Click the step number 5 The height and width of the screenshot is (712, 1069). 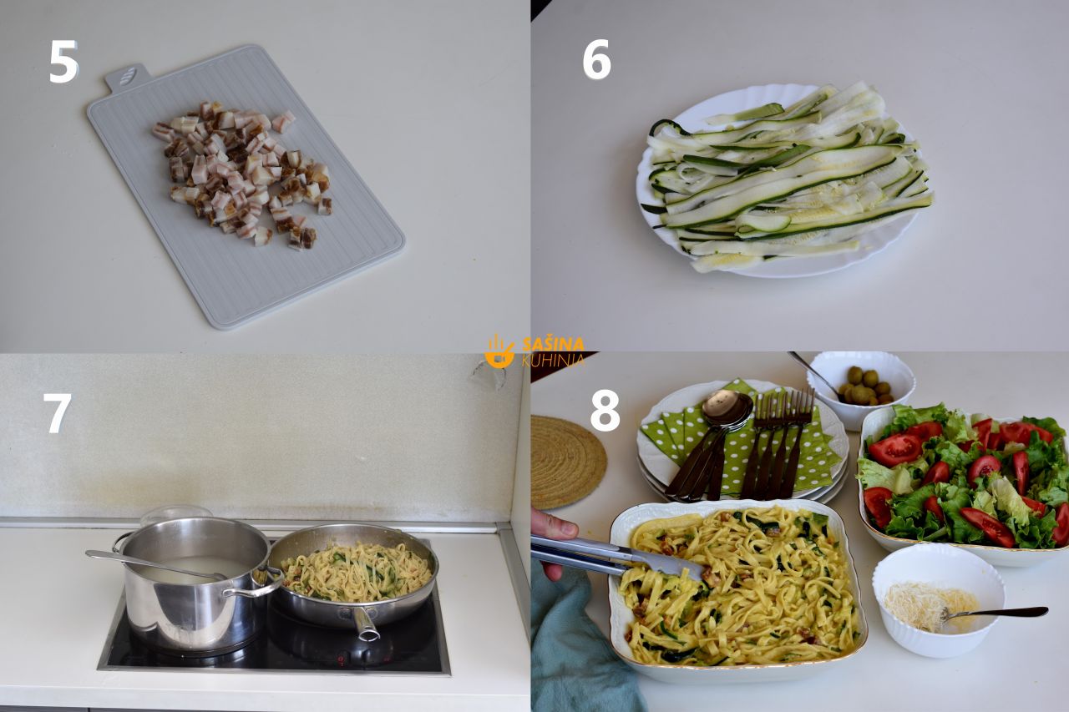point(63,62)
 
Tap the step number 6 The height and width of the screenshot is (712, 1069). point(596,59)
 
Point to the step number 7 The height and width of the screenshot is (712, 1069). point(58,413)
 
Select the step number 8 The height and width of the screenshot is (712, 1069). point(605,411)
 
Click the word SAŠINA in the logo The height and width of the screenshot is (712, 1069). point(553,345)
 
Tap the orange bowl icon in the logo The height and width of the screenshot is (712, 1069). point(499,352)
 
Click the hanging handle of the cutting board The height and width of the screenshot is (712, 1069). point(126,78)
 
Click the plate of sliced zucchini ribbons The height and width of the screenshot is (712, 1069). point(783,180)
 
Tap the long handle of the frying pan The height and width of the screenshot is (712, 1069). point(365,623)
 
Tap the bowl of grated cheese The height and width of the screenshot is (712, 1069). point(938,600)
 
